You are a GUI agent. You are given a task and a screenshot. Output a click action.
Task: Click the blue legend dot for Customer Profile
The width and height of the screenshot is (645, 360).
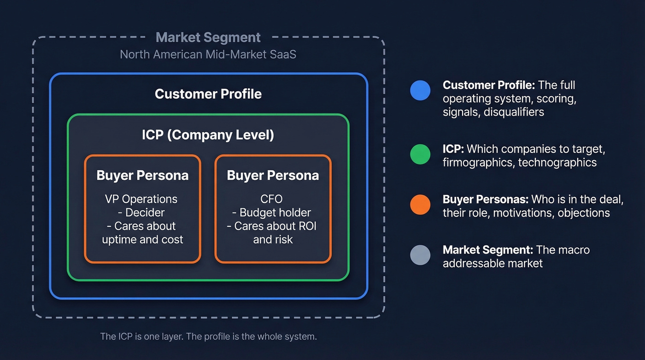click(x=420, y=90)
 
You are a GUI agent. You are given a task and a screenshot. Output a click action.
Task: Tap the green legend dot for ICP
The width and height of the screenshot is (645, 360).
click(x=420, y=154)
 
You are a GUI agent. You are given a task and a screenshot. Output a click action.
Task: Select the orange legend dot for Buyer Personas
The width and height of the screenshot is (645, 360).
click(x=420, y=205)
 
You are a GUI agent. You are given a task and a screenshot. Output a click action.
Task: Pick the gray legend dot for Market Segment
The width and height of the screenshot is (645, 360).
click(x=420, y=255)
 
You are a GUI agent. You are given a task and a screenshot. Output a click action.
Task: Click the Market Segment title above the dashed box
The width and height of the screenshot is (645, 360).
click(x=208, y=37)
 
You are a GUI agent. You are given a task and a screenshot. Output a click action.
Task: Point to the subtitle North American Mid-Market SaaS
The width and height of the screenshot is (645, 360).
click(x=208, y=54)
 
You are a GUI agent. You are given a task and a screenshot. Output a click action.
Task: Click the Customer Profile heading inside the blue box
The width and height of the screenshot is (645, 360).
click(x=208, y=94)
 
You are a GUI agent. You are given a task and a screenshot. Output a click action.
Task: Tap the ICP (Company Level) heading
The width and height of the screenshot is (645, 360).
click(x=208, y=135)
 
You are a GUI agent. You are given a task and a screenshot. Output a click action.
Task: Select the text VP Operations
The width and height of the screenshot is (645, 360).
click(x=141, y=199)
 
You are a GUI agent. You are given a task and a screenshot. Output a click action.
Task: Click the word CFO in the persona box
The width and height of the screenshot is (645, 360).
click(x=271, y=199)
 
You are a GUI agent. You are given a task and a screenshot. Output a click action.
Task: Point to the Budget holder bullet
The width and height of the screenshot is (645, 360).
click(x=275, y=212)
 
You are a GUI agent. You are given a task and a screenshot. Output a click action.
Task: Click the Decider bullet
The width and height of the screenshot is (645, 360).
click(x=145, y=212)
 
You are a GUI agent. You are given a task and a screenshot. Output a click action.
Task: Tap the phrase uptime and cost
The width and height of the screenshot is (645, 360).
click(x=142, y=240)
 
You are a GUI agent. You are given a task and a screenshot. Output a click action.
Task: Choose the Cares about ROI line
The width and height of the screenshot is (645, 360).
click(x=272, y=226)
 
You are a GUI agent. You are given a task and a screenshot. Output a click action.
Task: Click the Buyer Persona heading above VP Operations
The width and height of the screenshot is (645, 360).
click(x=142, y=176)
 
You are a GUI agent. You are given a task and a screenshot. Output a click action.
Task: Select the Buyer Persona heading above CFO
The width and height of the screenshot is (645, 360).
click(x=273, y=176)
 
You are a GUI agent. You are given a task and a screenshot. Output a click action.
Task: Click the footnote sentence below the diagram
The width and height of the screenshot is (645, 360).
click(x=208, y=336)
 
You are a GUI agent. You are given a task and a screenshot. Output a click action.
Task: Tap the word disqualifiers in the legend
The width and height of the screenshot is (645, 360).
click(x=514, y=112)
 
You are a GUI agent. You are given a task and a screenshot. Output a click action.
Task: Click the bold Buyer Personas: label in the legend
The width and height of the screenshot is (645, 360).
click(x=486, y=200)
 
